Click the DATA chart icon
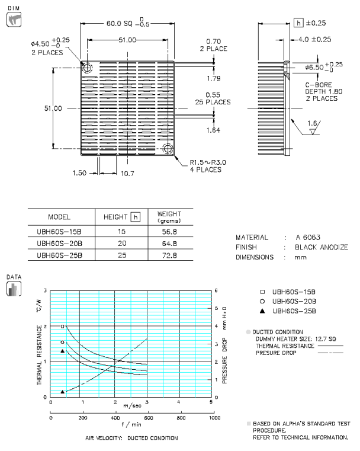pos(12,289)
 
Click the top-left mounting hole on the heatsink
pos(88,68)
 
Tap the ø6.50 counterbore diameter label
pos(317,68)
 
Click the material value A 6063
pos(304,236)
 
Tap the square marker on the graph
pos(62,326)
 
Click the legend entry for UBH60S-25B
pos(294,311)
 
